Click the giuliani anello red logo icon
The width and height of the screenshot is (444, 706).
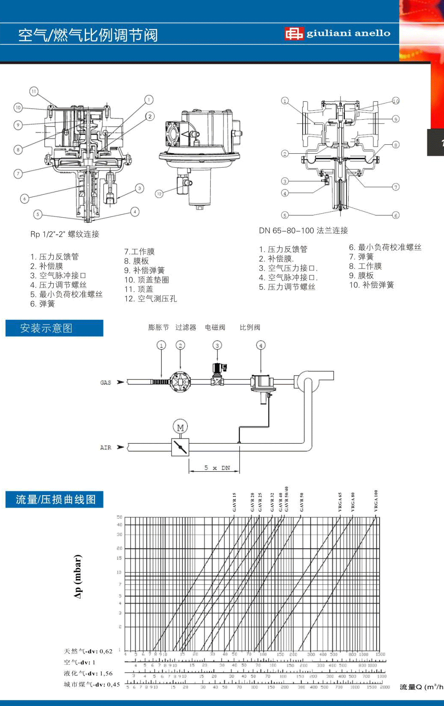(x=294, y=33)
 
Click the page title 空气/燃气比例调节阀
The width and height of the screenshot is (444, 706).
(x=88, y=35)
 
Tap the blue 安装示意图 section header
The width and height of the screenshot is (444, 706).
(x=54, y=328)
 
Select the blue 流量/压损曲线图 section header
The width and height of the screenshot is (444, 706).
(x=54, y=499)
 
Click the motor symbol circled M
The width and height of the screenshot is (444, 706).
(x=180, y=427)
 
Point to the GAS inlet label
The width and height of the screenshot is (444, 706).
(x=106, y=382)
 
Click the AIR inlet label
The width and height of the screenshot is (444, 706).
(x=106, y=448)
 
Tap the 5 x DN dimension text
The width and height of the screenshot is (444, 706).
(x=217, y=468)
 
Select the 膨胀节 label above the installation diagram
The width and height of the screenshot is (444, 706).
(x=158, y=327)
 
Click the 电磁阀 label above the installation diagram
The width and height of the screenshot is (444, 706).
(x=215, y=327)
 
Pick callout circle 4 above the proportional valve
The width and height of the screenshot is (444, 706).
(x=261, y=345)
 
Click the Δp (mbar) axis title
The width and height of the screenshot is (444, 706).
(x=77, y=576)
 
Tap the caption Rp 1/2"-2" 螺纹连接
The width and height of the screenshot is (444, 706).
(x=65, y=234)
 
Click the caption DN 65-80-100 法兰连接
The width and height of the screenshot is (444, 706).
(x=304, y=230)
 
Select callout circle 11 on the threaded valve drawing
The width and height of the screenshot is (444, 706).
(x=34, y=91)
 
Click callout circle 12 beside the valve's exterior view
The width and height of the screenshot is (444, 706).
(x=159, y=194)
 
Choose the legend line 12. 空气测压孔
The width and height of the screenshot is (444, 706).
(x=150, y=299)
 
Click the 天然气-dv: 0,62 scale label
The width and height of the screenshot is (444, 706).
(x=88, y=651)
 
